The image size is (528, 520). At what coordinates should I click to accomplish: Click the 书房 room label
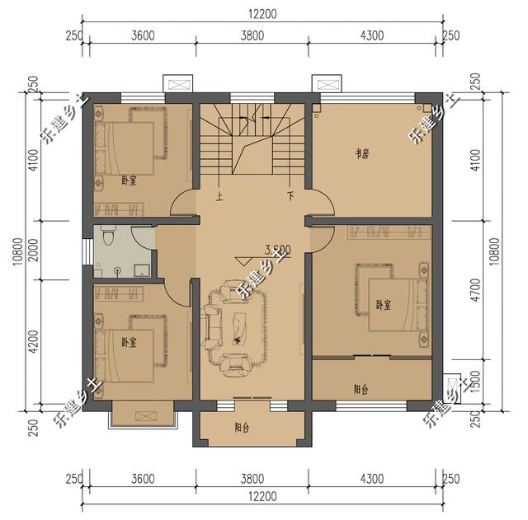[x=361, y=153]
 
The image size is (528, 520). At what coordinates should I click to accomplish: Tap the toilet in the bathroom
[x=105, y=238]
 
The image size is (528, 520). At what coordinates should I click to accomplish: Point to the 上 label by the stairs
[x=219, y=197]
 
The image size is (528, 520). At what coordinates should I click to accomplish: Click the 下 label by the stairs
[x=290, y=197]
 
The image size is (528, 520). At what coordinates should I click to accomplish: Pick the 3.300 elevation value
[x=276, y=249]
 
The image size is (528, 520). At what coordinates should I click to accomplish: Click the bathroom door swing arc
[x=169, y=293]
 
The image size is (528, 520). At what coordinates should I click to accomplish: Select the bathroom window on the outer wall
[x=88, y=251]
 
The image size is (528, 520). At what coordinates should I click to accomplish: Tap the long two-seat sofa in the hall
[x=214, y=326]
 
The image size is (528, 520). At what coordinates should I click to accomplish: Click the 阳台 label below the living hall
[x=242, y=428]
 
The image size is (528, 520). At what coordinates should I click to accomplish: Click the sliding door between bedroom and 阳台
[x=372, y=357]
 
